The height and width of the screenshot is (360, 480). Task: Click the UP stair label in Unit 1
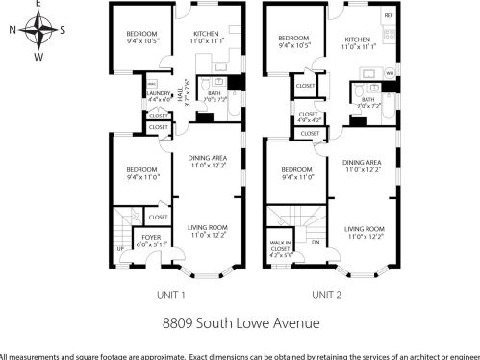[x=121, y=249]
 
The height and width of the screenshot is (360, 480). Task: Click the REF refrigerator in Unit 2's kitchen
[x=388, y=17]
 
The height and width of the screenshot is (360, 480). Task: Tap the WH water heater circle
[x=390, y=73]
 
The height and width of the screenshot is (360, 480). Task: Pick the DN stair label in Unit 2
[x=315, y=242]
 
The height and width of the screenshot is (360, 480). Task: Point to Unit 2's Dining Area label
[x=361, y=166]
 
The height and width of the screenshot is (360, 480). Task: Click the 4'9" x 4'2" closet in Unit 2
[x=309, y=117]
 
